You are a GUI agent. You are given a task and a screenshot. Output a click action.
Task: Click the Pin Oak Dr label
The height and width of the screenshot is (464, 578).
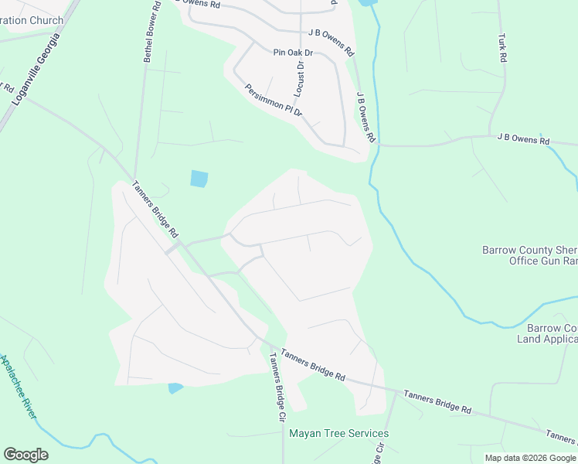[292, 53]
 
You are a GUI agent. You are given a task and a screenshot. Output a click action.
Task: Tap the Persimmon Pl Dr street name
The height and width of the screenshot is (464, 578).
[273, 101]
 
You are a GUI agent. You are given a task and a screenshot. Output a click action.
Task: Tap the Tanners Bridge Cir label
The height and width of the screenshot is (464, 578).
[277, 386]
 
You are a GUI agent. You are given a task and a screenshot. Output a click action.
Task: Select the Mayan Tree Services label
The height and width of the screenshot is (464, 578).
[338, 434]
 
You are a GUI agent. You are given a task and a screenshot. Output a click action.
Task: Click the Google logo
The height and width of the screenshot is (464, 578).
[25, 455]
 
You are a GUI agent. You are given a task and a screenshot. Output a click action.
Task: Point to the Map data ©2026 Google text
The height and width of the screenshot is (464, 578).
[530, 458]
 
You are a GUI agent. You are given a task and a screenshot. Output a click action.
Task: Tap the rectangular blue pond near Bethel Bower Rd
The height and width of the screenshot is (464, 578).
[199, 179]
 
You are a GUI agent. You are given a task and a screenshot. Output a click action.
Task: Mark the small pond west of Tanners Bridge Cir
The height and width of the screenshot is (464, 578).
[175, 387]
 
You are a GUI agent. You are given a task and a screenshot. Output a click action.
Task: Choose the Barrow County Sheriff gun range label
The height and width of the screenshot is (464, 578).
[529, 256]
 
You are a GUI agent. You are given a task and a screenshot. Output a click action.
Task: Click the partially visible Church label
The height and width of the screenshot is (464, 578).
[31, 20]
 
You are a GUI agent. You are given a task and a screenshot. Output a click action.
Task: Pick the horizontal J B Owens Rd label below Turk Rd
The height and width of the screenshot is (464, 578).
[523, 141]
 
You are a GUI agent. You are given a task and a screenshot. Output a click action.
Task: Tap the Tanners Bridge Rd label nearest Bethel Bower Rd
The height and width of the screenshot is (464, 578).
[155, 210]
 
